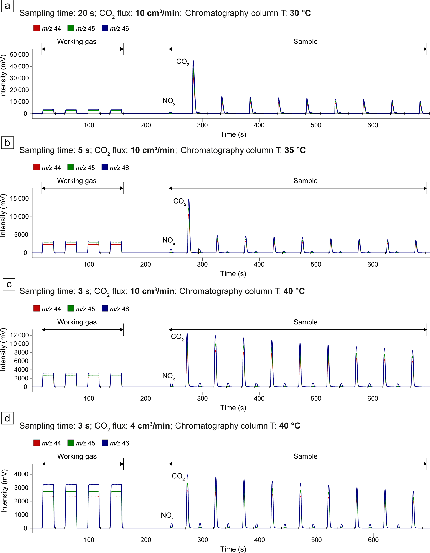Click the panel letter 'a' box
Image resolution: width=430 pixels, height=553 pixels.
[7, 6]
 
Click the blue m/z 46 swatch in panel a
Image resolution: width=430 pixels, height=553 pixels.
[104, 28]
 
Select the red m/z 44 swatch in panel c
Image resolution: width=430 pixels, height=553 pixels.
[36, 309]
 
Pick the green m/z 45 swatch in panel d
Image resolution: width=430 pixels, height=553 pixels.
[71, 443]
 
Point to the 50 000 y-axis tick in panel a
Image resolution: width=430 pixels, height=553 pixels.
[19, 55]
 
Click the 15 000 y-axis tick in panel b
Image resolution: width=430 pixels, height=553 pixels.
[19, 199]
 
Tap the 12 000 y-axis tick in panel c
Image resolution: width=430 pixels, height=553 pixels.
[19, 335]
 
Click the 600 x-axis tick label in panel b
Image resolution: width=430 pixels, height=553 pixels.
[373, 264]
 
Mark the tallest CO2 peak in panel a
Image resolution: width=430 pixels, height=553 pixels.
[193, 61]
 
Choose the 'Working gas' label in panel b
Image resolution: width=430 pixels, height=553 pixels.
[77, 181]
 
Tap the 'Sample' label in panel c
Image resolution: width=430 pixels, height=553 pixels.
[305, 322]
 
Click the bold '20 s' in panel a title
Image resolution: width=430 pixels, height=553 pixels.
[86, 13]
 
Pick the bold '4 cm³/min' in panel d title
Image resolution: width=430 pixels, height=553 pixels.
[150, 426]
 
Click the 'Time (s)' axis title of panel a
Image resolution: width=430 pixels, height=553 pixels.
[233, 134]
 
